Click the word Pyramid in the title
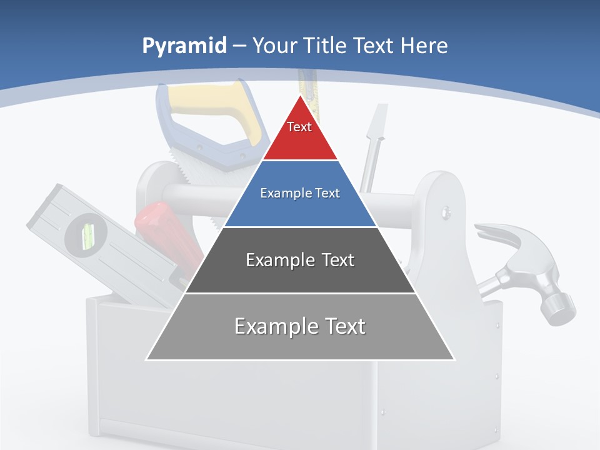click(x=184, y=46)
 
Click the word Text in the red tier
click(x=299, y=127)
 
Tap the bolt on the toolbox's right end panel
click(x=446, y=212)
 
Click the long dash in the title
click(x=239, y=46)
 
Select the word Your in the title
click(x=273, y=46)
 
